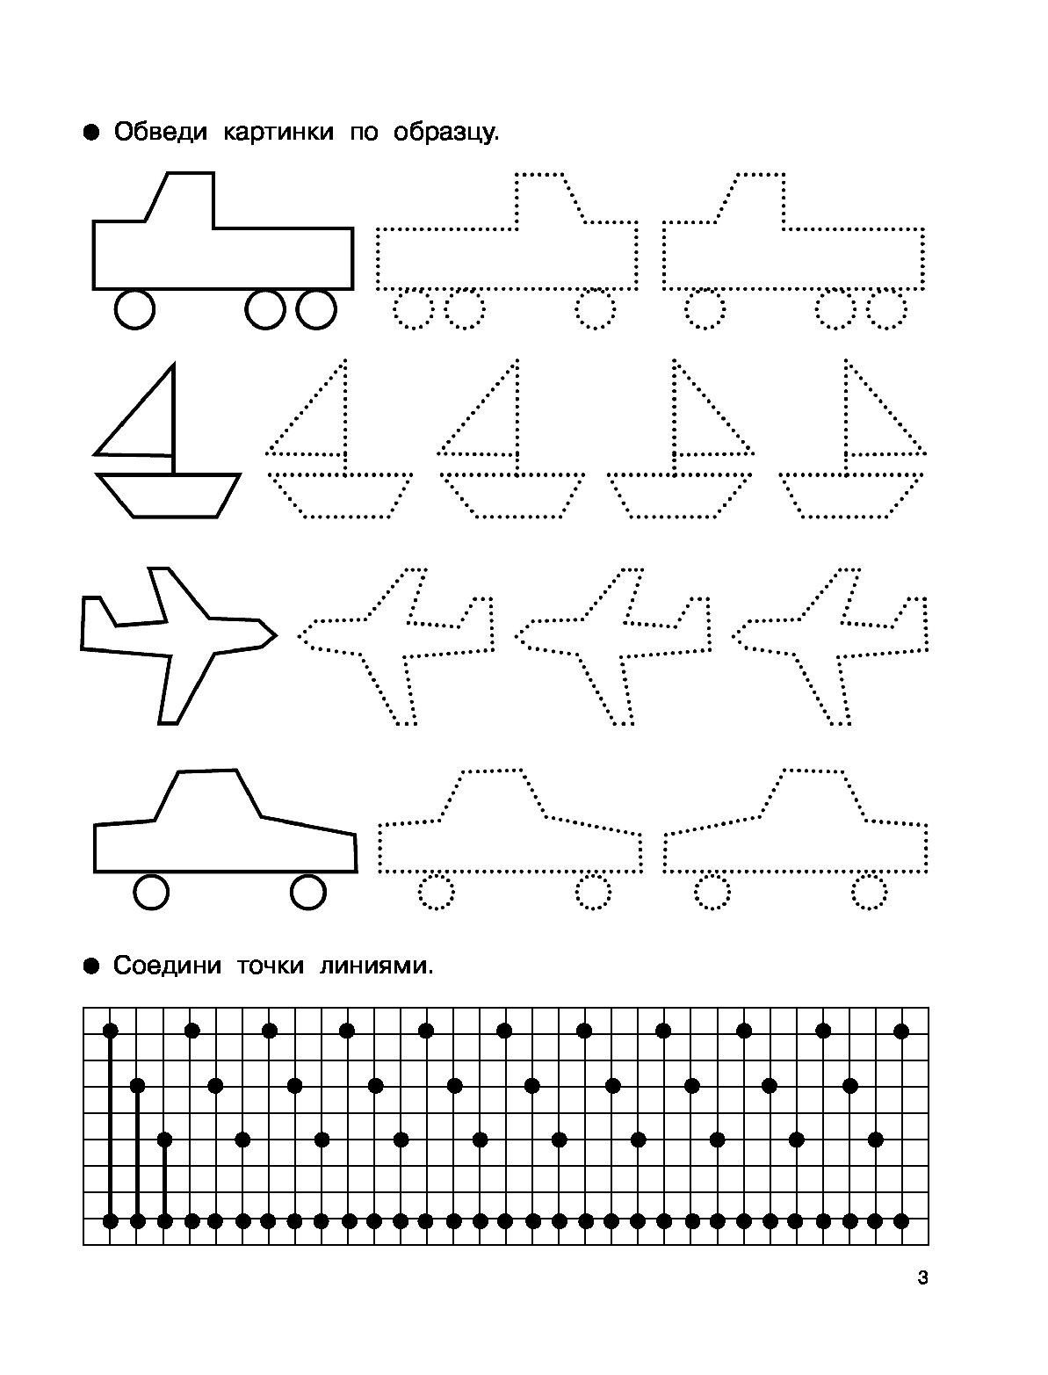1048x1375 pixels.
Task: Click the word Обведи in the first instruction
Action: point(160,132)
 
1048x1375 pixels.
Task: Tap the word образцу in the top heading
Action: point(445,133)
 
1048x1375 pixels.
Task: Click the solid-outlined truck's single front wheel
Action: point(134,309)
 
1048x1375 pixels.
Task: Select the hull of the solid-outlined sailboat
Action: point(168,496)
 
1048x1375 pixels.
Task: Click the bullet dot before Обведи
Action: point(91,134)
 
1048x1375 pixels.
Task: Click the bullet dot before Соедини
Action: point(91,966)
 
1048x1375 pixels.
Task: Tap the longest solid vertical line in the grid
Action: point(110,1125)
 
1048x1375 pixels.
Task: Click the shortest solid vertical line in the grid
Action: point(164,1180)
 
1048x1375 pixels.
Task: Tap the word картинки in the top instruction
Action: point(278,132)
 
